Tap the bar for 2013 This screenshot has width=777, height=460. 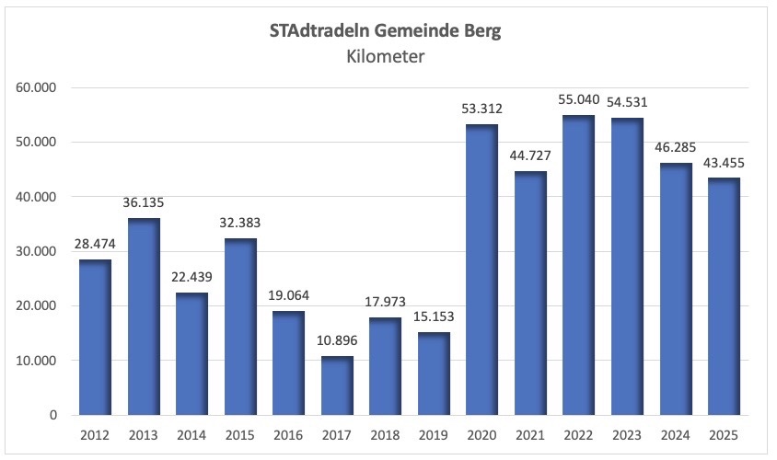(x=143, y=316)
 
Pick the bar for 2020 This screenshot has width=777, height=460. (x=481, y=270)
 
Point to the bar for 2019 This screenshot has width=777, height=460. (x=433, y=374)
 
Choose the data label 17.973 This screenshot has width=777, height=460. (x=385, y=303)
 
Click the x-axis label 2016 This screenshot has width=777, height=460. (x=287, y=434)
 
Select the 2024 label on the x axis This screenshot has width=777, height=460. (x=675, y=434)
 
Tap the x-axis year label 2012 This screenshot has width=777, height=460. (x=95, y=434)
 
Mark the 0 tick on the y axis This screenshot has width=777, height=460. (x=53, y=416)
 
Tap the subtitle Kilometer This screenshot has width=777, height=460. (x=386, y=57)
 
